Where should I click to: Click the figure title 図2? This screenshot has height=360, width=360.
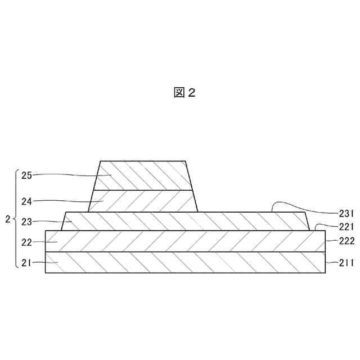click(x=184, y=93)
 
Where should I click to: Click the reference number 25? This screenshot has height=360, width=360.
click(x=27, y=175)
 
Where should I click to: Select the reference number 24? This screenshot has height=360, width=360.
click(x=27, y=200)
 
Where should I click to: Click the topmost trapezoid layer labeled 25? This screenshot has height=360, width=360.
click(x=143, y=175)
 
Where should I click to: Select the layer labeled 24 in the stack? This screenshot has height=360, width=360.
click(x=143, y=201)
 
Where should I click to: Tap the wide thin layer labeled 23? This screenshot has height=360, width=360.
click(x=186, y=221)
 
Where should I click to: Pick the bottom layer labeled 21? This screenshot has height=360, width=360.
click(x=186, y=262)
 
